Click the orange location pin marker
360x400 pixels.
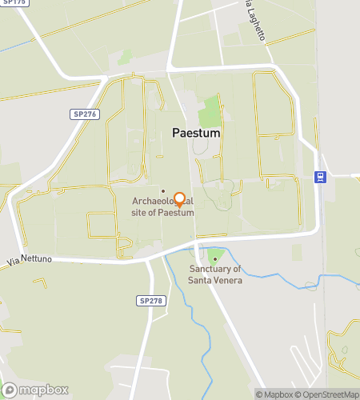[180, 199]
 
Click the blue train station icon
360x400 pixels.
[320, 178]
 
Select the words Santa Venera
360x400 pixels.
[214, 280]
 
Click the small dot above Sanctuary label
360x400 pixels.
[214, 257]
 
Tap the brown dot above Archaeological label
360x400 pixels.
[163, 190]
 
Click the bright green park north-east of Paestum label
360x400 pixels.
[210, 110]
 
